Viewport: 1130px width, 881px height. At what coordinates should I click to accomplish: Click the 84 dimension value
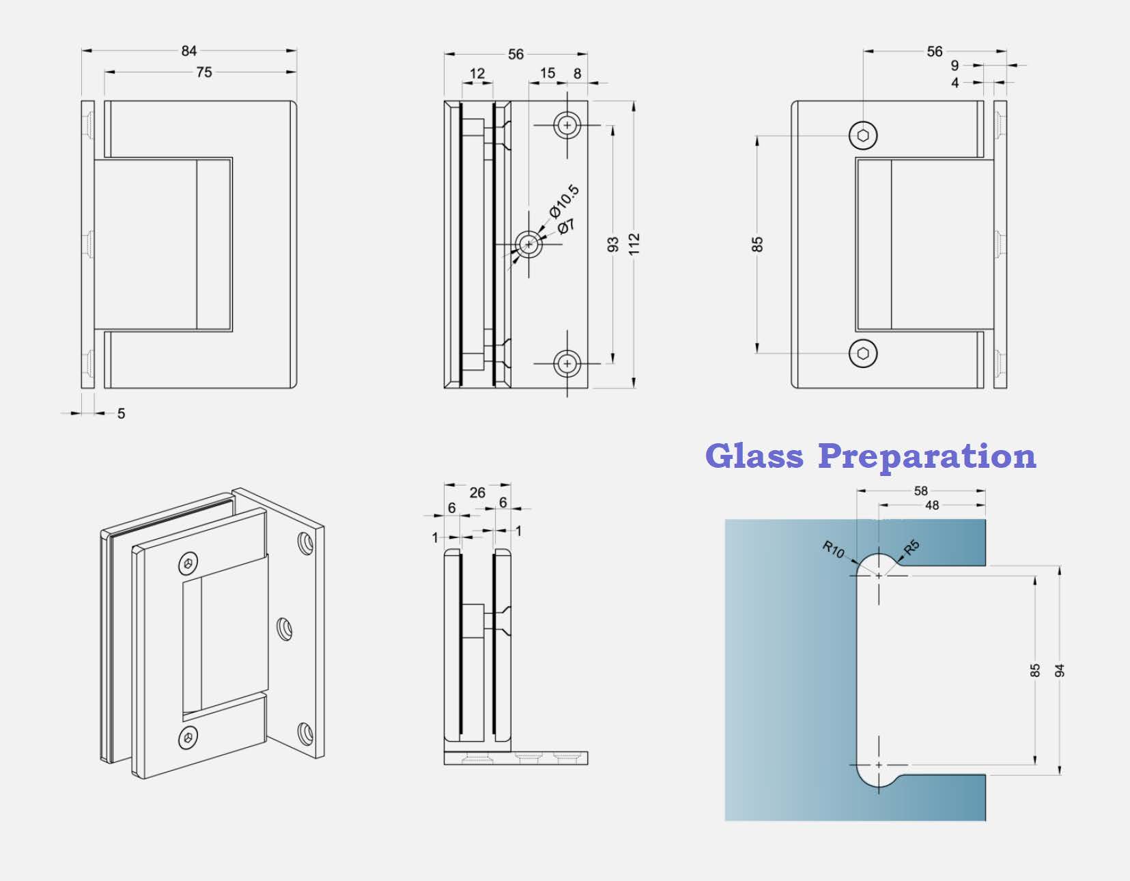click(188, 51)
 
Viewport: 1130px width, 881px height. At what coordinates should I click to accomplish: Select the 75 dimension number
click(204, 72)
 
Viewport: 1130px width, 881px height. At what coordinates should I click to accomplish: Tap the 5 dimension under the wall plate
click(121, 413)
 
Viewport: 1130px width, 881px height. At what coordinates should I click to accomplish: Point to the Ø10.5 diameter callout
click(564, 201)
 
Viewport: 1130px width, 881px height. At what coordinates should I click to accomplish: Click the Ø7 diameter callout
click(566, 227)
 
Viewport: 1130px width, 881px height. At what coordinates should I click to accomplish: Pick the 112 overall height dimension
click(634, 244)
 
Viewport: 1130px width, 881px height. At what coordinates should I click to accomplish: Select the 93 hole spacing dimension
click(613, 244)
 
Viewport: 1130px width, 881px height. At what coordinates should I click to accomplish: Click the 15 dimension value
click(547, 73)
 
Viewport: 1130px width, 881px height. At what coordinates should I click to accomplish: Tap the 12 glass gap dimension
click(477, 74)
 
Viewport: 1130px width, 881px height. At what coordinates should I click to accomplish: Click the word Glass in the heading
click(754, 456)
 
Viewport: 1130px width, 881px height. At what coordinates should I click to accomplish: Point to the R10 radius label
click(834, 550)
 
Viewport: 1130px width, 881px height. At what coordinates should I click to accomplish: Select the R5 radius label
click(912, 547)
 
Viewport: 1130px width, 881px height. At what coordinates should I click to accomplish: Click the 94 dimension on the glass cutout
click(1060, 671)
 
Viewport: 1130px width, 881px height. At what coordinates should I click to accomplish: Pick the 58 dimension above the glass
click(921, 491)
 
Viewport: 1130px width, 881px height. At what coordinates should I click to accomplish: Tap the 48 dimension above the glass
click(932, 505)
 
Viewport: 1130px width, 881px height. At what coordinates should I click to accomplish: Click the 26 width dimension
click(477, 492)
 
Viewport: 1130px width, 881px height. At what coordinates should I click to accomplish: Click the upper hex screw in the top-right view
click(863, 136)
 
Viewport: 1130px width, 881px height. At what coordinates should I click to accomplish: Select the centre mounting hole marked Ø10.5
click(529, 244)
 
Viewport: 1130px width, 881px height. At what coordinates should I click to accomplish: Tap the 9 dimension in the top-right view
click(955, 66)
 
